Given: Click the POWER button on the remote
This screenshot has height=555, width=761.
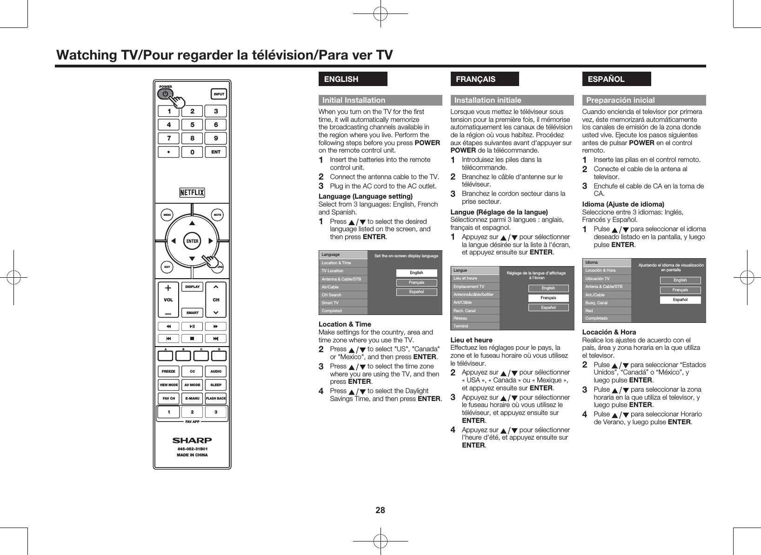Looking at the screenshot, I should click(x=165, y=94).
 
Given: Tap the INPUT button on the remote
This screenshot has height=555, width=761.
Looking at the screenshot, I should click(x=219, y=94).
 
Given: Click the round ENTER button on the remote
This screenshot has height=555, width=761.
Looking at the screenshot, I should click(x=192, y=241).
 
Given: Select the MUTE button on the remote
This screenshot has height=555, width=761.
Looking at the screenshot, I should click(x=217, y=215).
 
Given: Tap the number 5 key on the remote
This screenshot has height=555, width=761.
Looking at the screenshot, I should click(x=192, y=125).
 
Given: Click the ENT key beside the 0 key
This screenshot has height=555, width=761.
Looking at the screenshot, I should click(x=216, y=152).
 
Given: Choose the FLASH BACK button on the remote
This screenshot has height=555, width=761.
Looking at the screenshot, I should click(x=216, y=399).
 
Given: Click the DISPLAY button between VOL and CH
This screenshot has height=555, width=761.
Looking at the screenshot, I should click(x=192, y=287).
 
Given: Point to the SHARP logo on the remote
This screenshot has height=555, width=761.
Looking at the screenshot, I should click(x=192, y=440).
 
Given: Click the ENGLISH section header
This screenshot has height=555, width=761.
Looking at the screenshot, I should click(x=353, y=79).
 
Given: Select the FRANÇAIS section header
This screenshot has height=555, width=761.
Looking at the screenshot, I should click(x=485, y=79).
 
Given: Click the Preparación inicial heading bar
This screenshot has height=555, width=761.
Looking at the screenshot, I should click(x=644, y=100).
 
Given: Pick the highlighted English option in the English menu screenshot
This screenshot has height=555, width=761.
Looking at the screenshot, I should click(x=416, y=273).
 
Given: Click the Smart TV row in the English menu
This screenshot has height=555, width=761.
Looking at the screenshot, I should click(x=343, y=303).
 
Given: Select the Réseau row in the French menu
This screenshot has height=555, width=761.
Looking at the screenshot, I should click(x=475, y=318).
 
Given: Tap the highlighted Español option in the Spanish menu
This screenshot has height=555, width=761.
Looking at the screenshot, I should click(x=680, y=300).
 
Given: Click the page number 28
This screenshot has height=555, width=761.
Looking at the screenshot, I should click(x=380, y=510).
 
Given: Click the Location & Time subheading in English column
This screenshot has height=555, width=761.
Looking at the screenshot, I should click(x=345, y=324).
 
